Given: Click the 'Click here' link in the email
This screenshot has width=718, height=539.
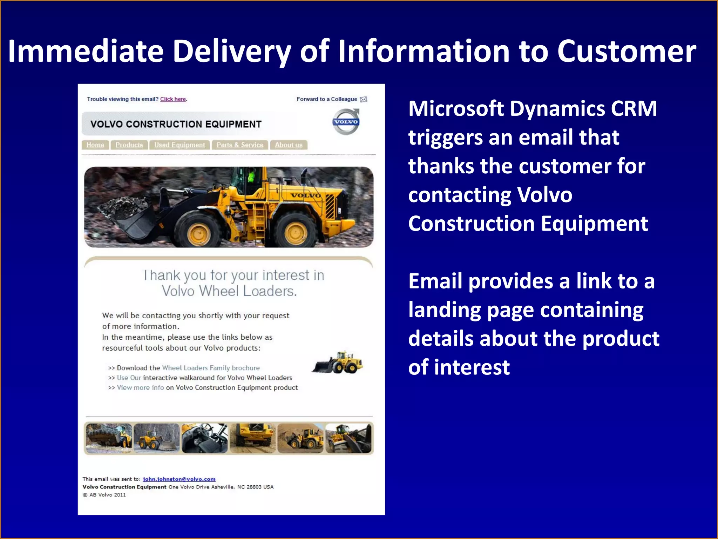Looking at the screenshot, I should [x=173, y=99].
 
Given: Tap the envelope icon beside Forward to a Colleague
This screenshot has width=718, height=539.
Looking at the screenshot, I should [x=364, y=99].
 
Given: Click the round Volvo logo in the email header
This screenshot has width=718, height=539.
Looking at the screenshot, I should [x=346, y=122].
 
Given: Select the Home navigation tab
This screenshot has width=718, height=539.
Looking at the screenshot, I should [x=95, y=145].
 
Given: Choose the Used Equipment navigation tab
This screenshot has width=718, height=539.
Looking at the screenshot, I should [x=179, y=145].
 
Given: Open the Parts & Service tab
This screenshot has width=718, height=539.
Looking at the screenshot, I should [x=240, y=145].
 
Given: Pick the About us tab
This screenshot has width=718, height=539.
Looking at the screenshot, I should [x=289, y=145].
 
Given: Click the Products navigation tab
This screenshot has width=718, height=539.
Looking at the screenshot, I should [x=129, y=145].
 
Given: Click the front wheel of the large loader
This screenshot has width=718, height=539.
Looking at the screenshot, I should [x=199, y=232].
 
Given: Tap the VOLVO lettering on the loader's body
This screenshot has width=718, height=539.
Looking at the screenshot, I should [x=305, y=195].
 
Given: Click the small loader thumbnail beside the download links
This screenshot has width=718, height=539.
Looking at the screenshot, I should [x=338, y=363].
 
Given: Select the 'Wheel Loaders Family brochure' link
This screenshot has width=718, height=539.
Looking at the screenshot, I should [x=211, y=368].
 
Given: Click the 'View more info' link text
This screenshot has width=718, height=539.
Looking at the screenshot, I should [x=140, y=387].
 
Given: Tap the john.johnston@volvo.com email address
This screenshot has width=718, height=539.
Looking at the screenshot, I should [x=179, y=479].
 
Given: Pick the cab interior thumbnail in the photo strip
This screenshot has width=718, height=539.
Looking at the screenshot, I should [x=205, y=438].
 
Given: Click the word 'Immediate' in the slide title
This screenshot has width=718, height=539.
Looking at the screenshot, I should [x=86, y=51].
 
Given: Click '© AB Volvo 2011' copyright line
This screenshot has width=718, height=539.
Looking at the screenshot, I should [x=104, y=495].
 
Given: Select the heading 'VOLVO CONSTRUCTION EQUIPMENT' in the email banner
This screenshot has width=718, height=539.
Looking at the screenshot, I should [x=176, y=124].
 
